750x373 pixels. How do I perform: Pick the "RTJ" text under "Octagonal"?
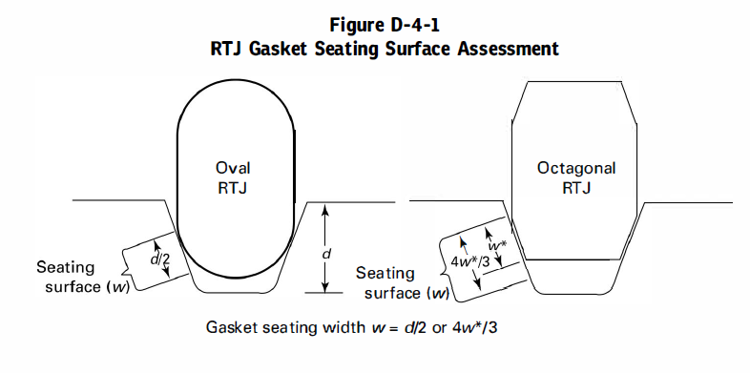pos(576,188)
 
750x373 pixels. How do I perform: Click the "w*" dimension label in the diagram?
pos(495,247)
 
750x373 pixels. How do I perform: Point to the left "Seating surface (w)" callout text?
pos(81,277)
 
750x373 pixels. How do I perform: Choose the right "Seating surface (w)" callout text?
pos(402,283)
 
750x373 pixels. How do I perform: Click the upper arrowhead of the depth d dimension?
pos(326,208)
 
